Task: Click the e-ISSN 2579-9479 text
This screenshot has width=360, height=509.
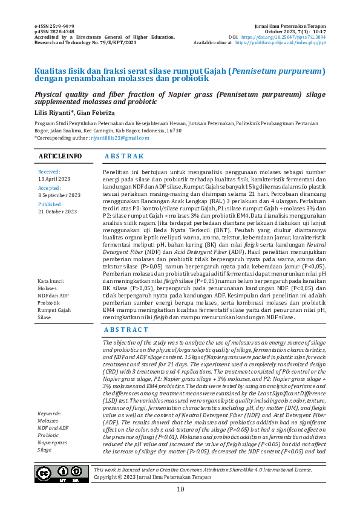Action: coord(54,27)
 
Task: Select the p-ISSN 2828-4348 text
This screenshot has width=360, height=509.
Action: coord(54,32)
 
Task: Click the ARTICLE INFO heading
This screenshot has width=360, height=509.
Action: coord(61,157)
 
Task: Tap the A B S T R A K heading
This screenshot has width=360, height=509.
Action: coord(124,157)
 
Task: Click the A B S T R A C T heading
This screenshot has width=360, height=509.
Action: coord(126,329)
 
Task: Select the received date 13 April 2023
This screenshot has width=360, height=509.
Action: coord(54,180)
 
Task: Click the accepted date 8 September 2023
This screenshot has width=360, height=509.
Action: coord(59,196)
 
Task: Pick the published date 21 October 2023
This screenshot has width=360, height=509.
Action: coord(57,212)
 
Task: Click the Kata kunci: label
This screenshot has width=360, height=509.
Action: coord(51,282)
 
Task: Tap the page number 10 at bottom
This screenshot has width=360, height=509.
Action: coord(180,490)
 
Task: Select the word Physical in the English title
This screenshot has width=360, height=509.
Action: coord(51,94)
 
